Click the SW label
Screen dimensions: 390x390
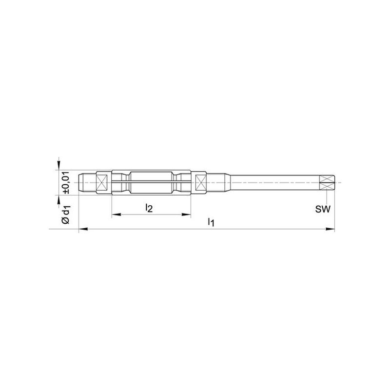323,209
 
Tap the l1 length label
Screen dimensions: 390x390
211,222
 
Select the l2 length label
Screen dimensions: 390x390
149,208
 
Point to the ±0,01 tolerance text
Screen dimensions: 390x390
66,182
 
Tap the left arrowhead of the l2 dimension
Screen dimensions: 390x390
116,214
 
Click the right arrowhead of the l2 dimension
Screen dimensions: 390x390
186,214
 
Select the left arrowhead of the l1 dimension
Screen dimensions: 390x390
83,229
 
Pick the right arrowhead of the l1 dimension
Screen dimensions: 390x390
331,229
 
